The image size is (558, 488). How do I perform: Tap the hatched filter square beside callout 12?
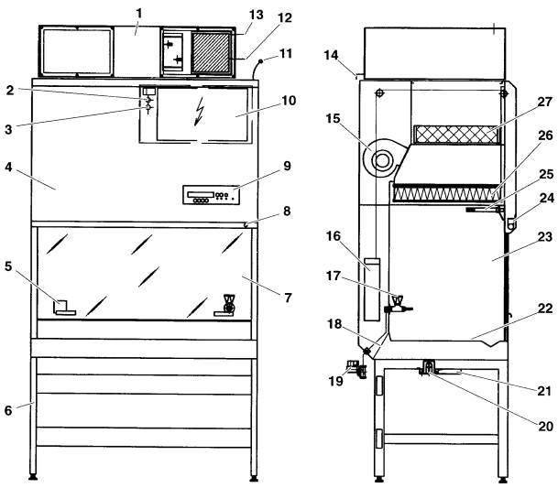213,52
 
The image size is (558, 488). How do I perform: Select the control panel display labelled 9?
210,195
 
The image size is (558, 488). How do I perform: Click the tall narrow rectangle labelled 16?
369,288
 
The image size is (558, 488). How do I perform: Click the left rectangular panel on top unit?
76,52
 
